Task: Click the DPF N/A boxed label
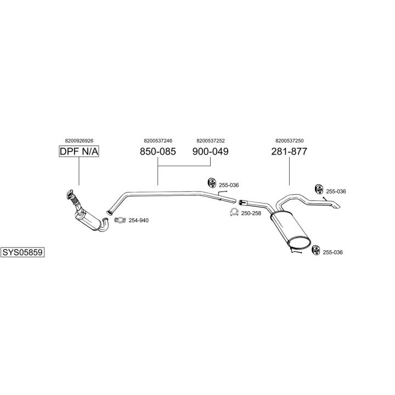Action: tap(79, 151)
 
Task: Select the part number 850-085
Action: tap(158, 151)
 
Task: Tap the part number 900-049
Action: tap(211, 151)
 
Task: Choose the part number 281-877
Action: tap(289, 151)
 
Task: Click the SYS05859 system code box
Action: tap(22, 252)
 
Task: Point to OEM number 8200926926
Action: tap(79, 140)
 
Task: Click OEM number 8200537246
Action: tap(158, 140)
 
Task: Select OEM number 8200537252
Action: tap(211, 140)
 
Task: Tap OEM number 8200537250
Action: tap(289, 140)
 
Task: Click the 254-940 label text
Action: tap(138, 221)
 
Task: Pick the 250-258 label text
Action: tap(251, 213)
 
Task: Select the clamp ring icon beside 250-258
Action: tap(234, 213)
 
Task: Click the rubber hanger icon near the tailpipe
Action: tap(317, 189)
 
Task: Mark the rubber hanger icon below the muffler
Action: tap(315, 251)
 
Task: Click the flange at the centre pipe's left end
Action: tap(109, 211)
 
